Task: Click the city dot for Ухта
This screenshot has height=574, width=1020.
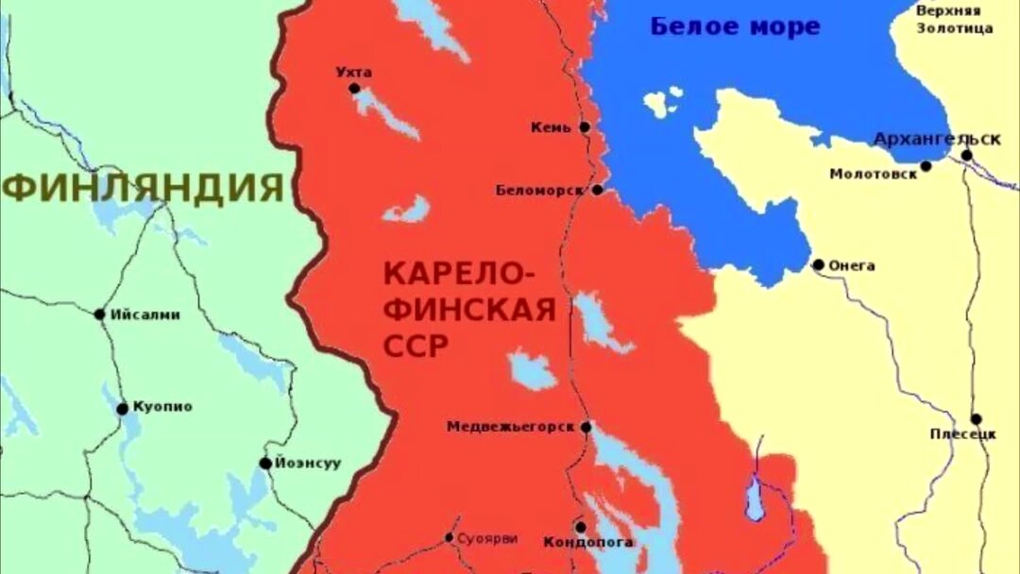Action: (x=354, y=89)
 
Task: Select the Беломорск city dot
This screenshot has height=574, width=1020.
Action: (x=597, y=190)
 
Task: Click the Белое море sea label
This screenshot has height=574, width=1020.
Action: (x=735, y=26)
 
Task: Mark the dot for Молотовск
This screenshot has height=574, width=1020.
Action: (x=926, y=166)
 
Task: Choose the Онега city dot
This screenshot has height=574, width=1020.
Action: (x=818, y=265)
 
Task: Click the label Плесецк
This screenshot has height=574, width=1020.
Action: (x=963, y=435)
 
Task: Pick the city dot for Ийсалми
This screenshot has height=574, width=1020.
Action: (x=99, y=314)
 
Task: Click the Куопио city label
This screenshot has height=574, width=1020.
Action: (x=161, y=407)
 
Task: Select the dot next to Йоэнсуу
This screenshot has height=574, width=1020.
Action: (x=265, y=464)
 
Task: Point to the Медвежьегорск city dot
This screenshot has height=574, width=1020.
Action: (x=586, y=427)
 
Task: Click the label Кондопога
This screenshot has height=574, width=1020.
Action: (x=588, y=543)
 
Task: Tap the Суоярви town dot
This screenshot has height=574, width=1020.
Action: (x=449, y=538)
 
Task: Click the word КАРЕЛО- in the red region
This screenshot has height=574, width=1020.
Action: (x=458, y=276)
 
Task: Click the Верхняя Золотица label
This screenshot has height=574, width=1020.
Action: (x=955, y=19)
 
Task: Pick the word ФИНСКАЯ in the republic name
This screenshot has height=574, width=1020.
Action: (x=468, y=311)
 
